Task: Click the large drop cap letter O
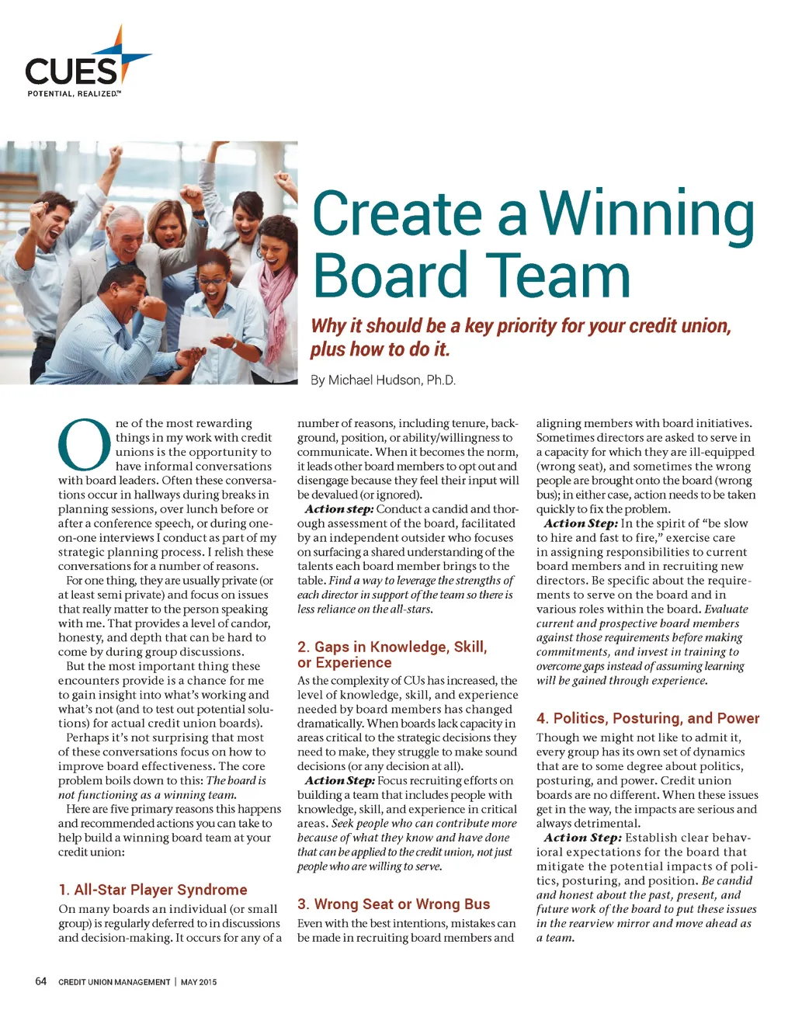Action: (x=84, y=445)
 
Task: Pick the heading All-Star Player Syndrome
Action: (x=153, y=890)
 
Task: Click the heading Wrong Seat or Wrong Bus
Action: (x=394, y=904)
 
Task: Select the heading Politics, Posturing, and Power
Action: (x=647, y=718)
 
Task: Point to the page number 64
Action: (x=41, y=981)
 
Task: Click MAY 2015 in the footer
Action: (x=199, y=982)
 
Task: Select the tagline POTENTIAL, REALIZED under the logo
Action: (x=74, y=94)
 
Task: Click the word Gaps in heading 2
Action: (x=332, y=647)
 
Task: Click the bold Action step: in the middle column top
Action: (x=339, y=509)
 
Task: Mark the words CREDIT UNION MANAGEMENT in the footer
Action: (x=114, y=982)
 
